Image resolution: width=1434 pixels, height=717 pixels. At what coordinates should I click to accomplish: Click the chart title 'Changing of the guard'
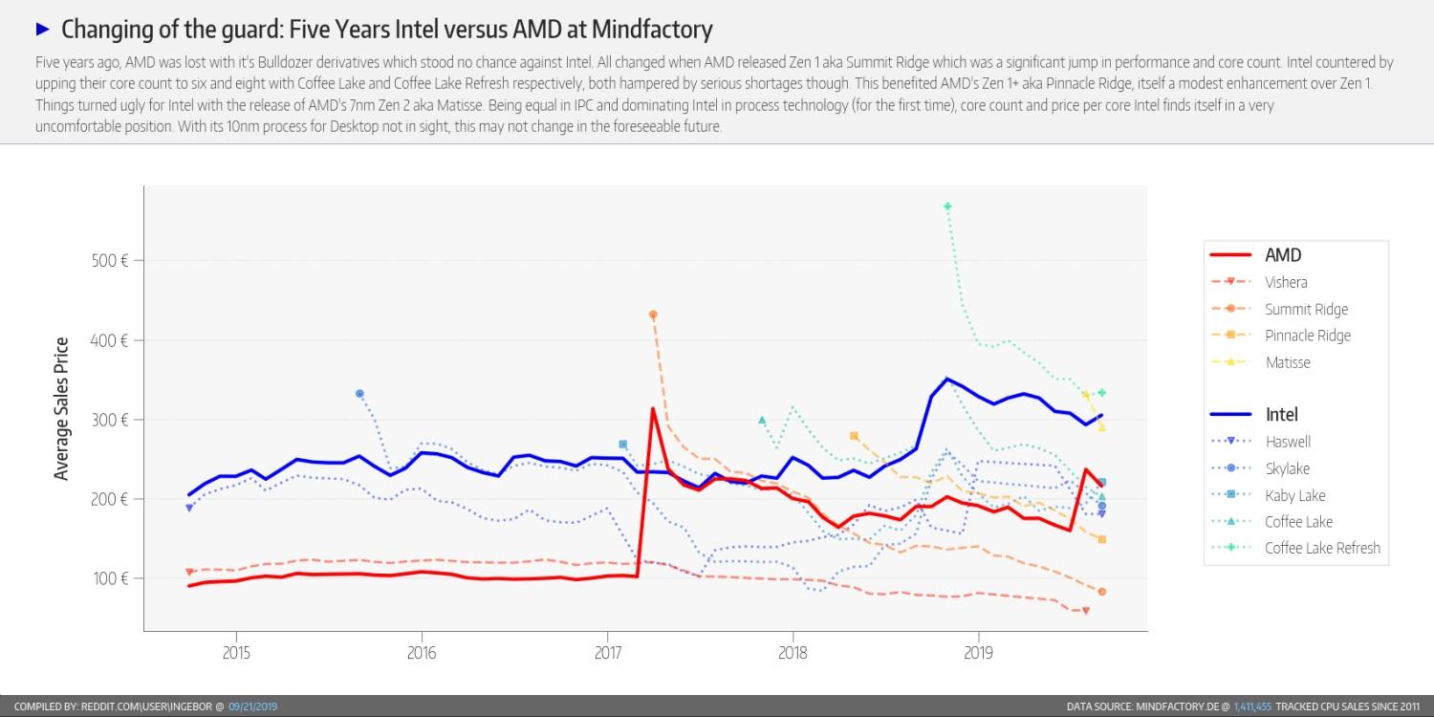[x=386, y=30]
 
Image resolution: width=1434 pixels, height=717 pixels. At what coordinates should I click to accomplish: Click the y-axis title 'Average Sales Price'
[x=62, y=409]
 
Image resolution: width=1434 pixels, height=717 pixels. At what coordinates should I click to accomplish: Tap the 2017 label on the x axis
[x=607, y=654]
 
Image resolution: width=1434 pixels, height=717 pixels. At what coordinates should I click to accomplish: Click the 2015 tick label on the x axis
[x=235, y=654]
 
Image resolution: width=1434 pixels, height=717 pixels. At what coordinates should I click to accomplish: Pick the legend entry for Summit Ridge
[x=1306, y=309]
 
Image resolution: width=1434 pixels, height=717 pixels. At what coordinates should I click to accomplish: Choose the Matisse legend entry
[x=1287, y=362]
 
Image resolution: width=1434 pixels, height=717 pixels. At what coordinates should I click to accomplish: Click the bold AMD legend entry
[x=1283, y=255]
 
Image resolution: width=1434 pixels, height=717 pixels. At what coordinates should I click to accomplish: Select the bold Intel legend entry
[x=1281, y=415]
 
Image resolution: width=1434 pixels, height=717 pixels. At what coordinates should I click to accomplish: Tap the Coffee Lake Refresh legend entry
[x=1322, y=548]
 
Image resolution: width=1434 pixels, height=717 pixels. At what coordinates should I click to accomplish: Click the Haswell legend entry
[x=1287, y=442]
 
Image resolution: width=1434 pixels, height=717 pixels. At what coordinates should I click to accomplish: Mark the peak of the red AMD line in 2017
[x=653, y=409]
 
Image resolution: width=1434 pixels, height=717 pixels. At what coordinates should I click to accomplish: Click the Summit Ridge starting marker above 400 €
[x=653, y=315]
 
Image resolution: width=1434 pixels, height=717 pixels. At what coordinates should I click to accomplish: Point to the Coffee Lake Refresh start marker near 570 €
[x=947, y=206]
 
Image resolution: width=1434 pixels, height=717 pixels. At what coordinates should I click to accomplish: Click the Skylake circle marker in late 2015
[x=359, y=394]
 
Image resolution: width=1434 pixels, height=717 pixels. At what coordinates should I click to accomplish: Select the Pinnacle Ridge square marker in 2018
[x=854, y=436]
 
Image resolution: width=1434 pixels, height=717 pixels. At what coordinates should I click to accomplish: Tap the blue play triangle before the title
[x=42, y=29]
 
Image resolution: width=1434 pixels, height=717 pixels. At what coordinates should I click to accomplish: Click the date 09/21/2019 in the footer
[x=252, y=706]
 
